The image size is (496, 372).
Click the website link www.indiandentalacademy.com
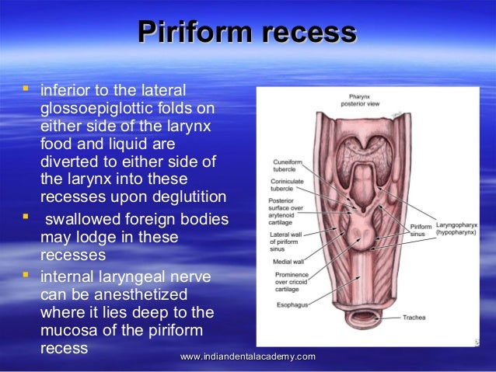click(247, 356)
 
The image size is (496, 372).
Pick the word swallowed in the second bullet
click(80, 221)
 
